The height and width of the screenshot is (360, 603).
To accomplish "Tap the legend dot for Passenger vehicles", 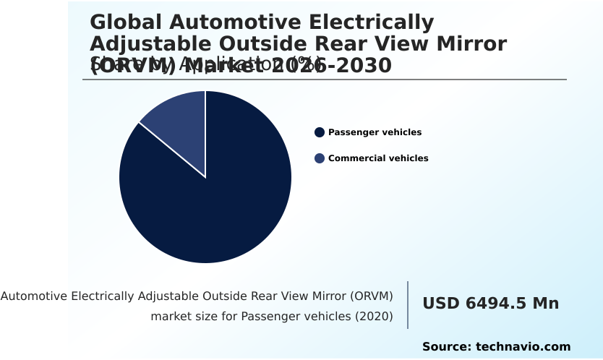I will click(319, 132).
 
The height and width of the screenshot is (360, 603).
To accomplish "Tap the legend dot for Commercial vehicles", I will click(319, 158).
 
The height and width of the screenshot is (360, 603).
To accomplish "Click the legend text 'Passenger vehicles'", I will click(375, 132).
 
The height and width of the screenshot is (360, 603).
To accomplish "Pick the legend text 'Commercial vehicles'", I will click(378, 158).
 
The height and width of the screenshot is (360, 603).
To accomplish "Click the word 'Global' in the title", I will click(125, 22).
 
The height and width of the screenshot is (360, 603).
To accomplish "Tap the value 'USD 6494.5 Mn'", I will click(490, 304).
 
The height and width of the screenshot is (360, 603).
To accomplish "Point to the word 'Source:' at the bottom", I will click(446, 347).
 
